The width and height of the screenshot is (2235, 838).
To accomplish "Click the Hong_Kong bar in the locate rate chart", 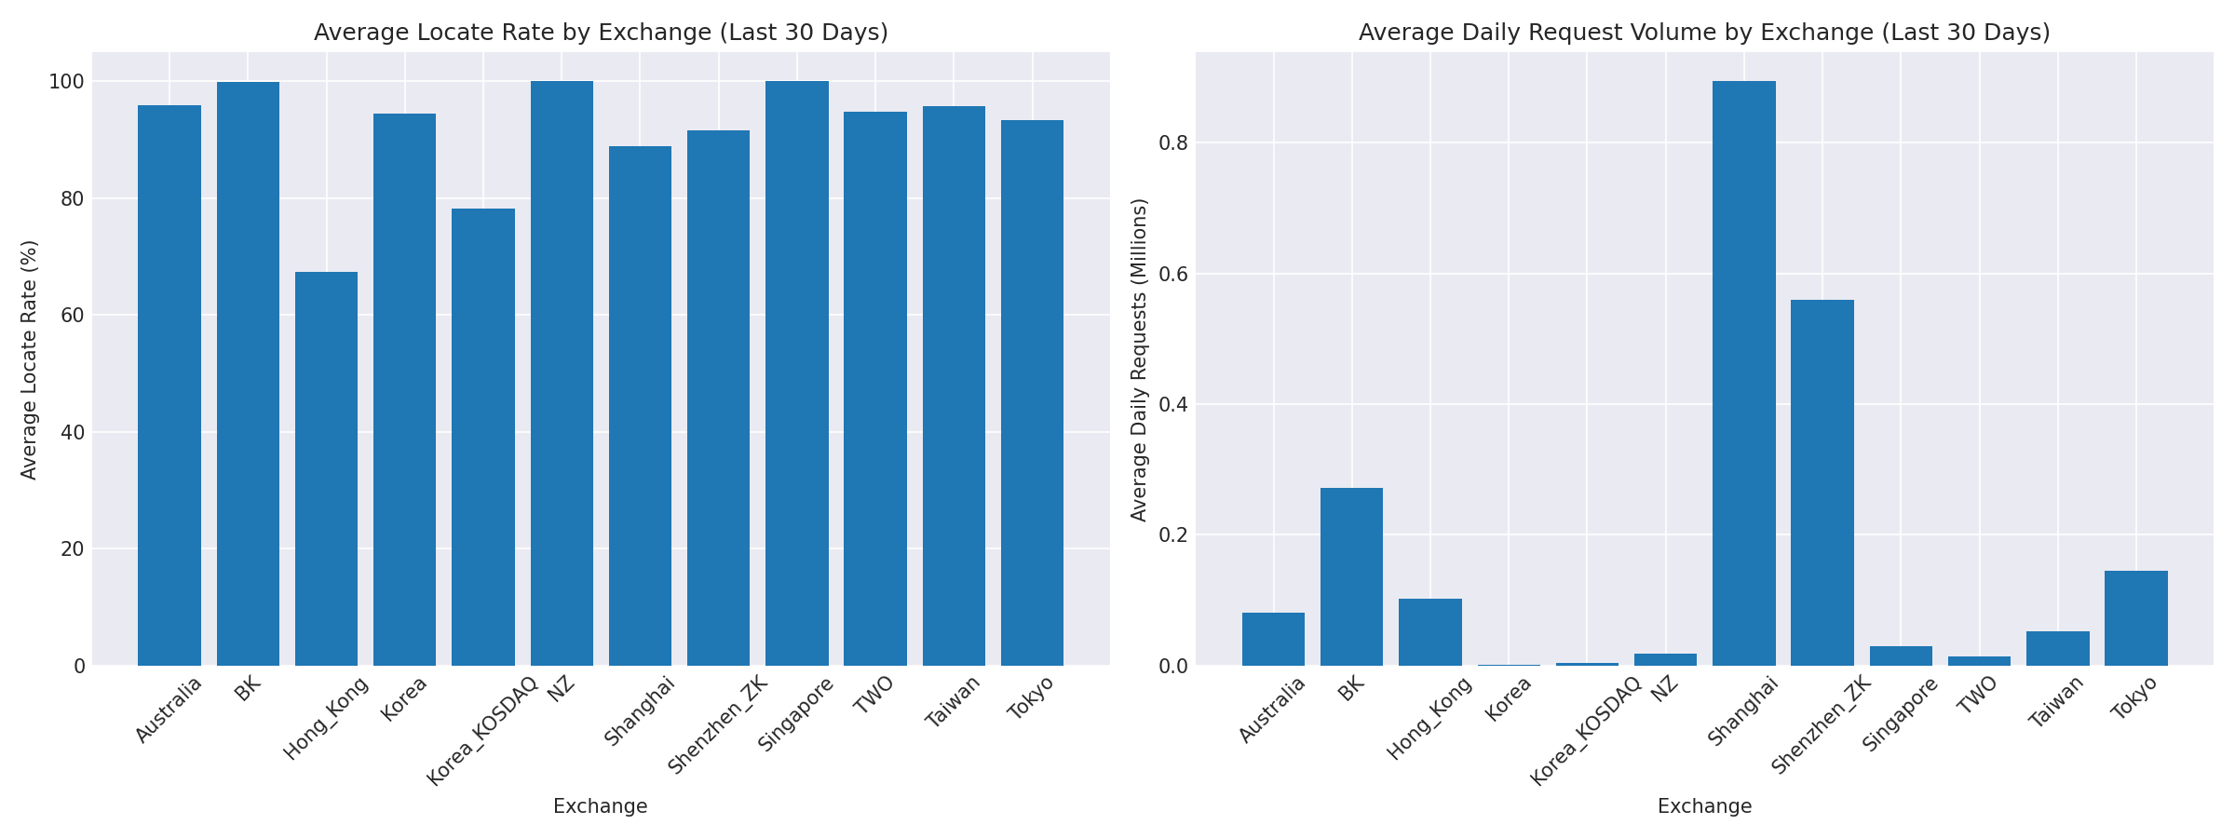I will [x=326, y=468].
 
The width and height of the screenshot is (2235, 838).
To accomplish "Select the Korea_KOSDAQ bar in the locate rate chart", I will [x=482, y=437].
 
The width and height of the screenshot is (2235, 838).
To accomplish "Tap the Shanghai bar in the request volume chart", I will [x=1743, y=372].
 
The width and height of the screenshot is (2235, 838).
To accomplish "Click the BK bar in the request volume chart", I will [x=1351, y=576].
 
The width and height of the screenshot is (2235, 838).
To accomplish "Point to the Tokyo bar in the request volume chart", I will [x=2135, y=617].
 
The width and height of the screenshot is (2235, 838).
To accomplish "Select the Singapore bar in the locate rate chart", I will [x=796, y=372].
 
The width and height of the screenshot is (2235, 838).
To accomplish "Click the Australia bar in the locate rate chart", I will [x=169, y=385].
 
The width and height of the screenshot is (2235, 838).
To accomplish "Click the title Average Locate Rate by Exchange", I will [x=601, y=33].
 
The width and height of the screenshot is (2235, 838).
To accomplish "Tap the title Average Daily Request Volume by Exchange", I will [x=1704, y=33].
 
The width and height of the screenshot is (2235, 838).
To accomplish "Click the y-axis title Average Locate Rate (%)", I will [x=30, y=359].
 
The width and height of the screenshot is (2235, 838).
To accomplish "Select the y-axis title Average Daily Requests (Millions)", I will [x=1139, y=359].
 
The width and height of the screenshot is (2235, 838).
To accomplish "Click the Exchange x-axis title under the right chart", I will [x=1704, y=806].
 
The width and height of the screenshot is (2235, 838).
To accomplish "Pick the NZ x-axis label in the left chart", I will [x=562, y=692].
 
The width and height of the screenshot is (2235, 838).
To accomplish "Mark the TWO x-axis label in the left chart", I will [x=874, y=695].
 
